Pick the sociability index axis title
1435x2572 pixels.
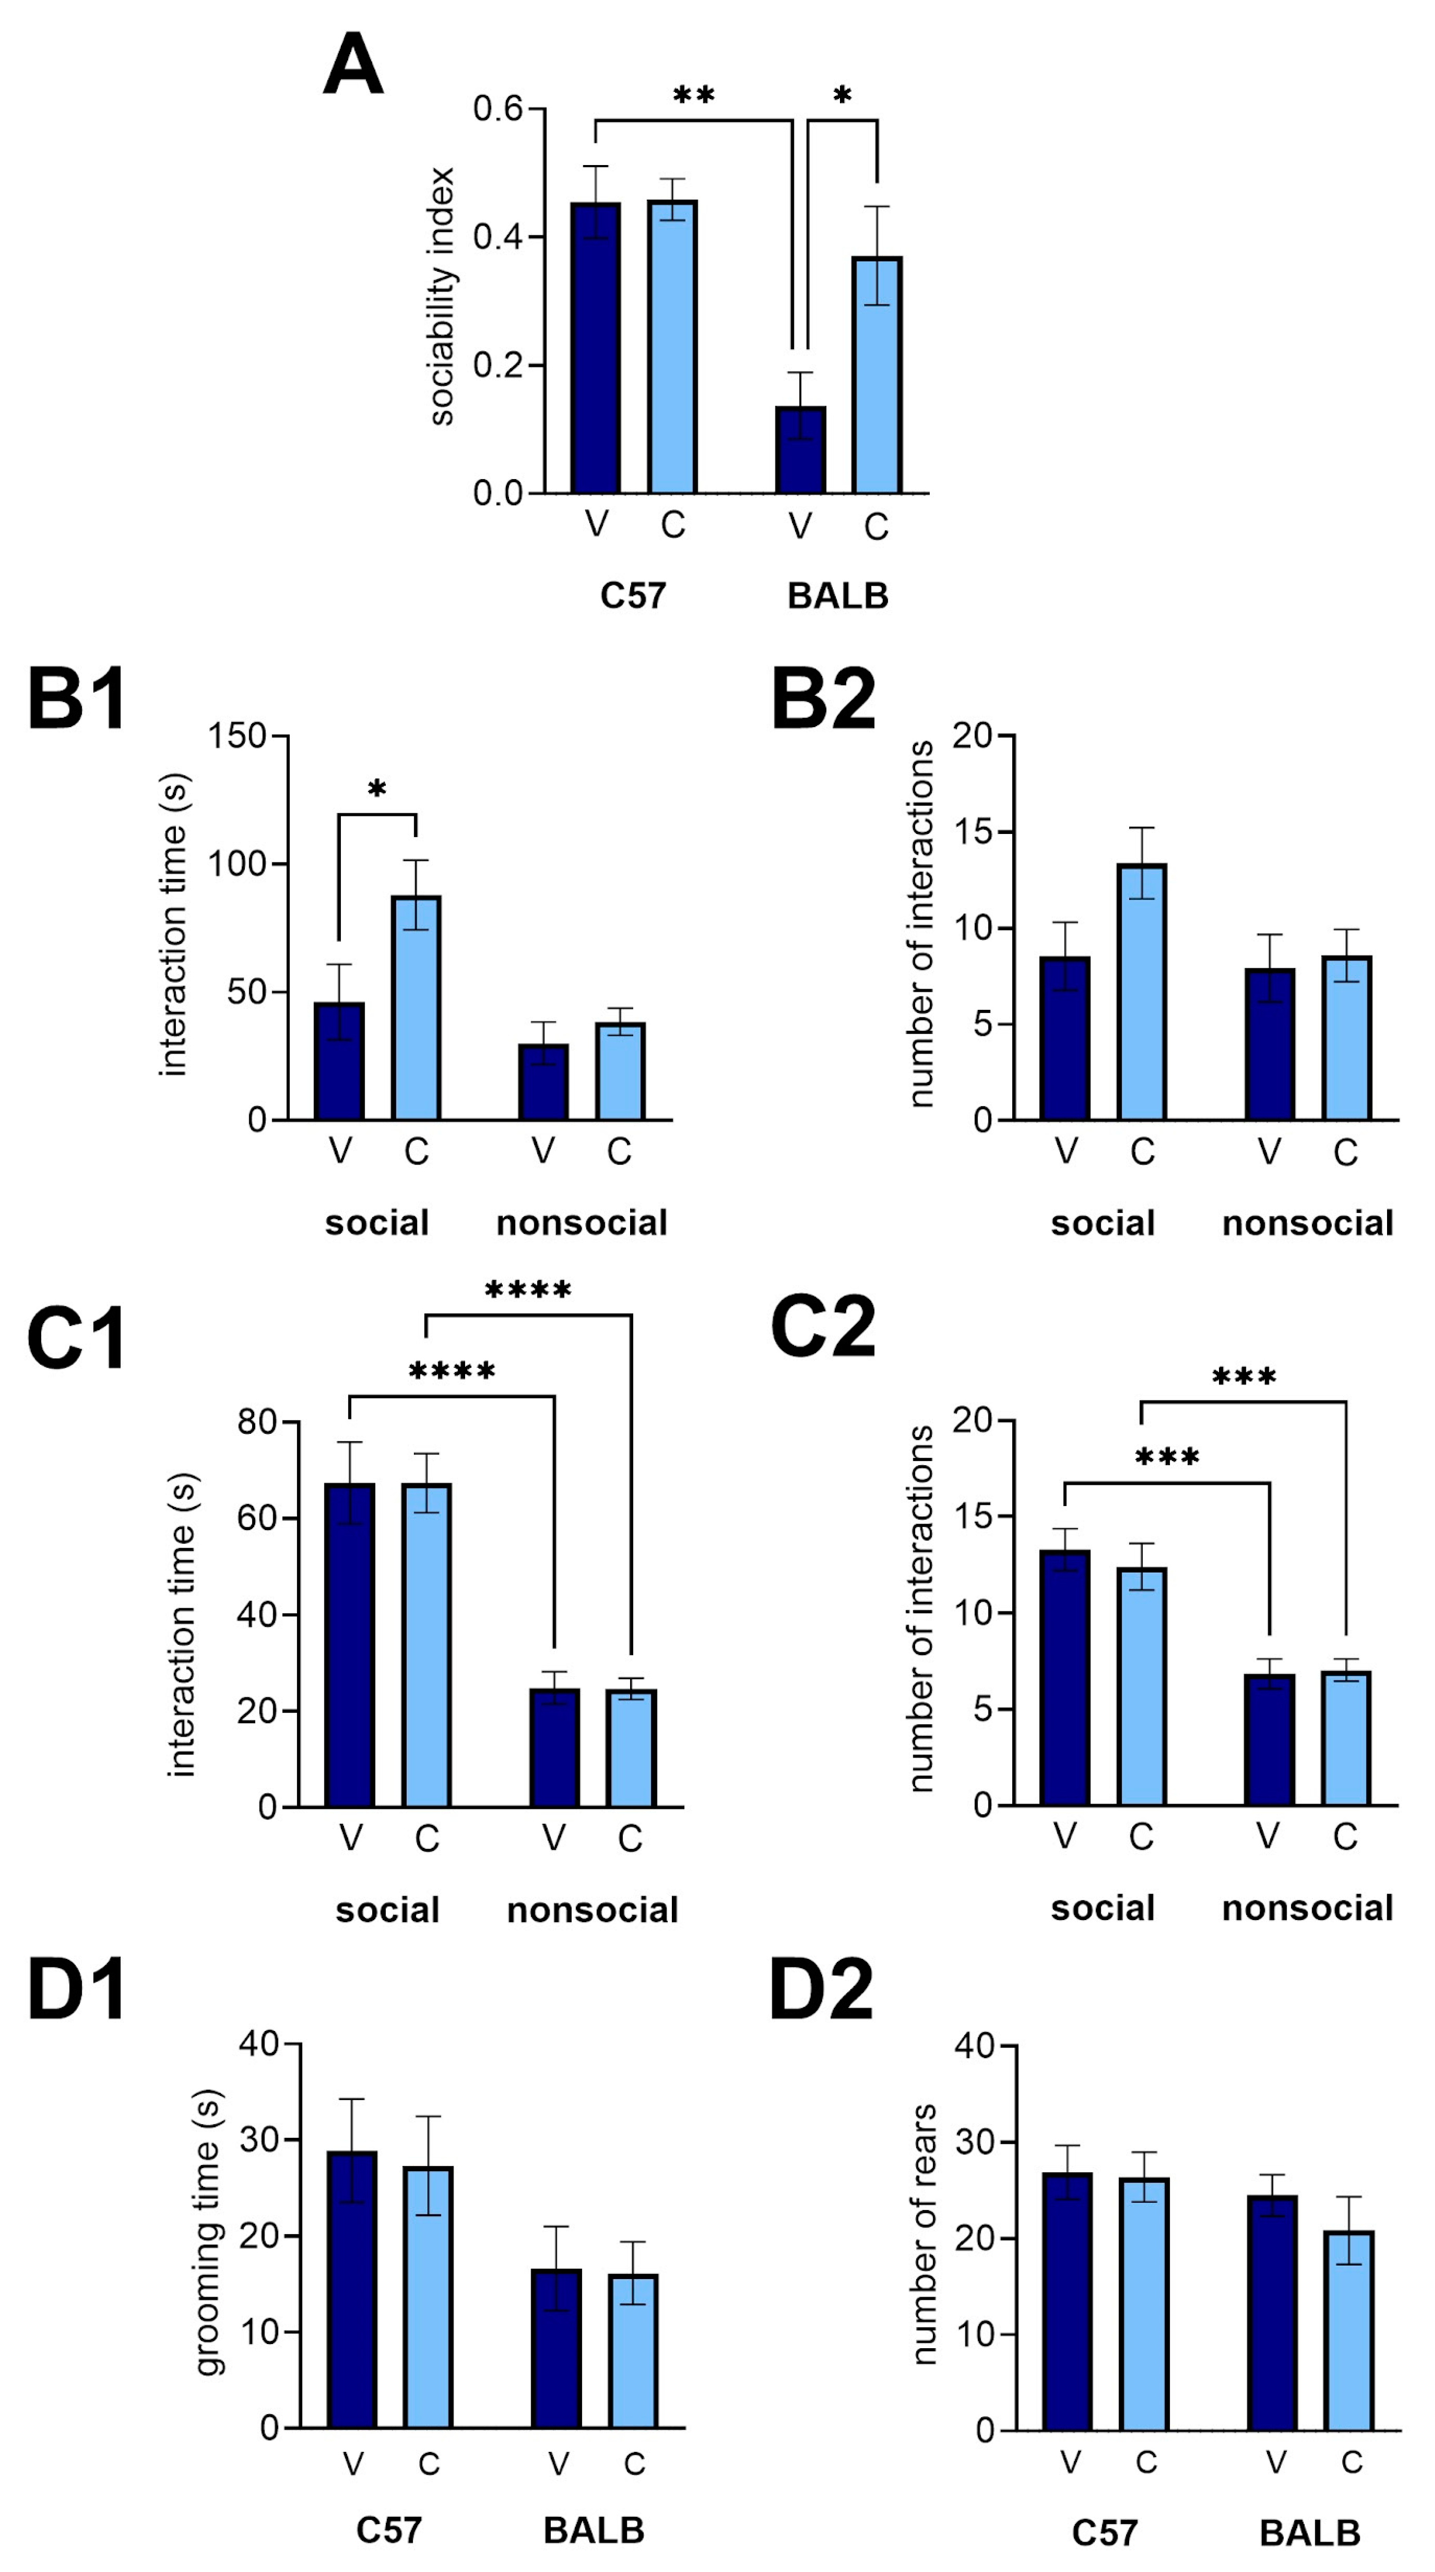(x=441, y=297)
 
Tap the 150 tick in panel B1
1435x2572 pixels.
(x=237, y=736)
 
